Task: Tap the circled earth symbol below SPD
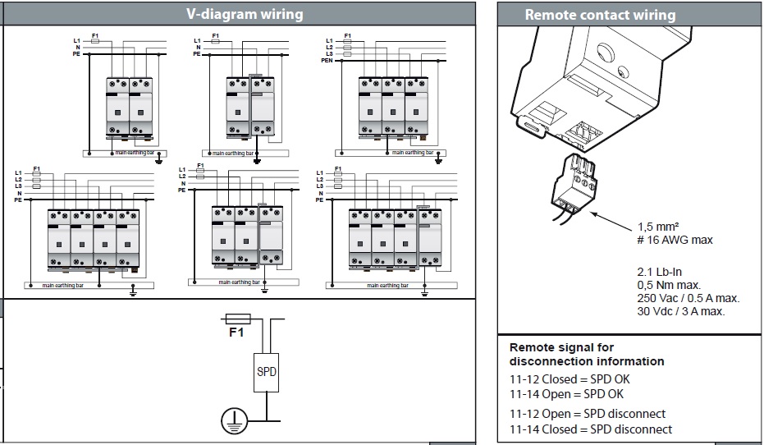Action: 235,422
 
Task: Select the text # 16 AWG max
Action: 675,240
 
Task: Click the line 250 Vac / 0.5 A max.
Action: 688,298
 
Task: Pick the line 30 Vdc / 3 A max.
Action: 681,311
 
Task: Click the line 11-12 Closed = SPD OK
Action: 569,379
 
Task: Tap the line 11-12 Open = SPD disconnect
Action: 587,414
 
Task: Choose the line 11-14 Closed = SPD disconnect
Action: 590,429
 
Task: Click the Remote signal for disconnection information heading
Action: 586,354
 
